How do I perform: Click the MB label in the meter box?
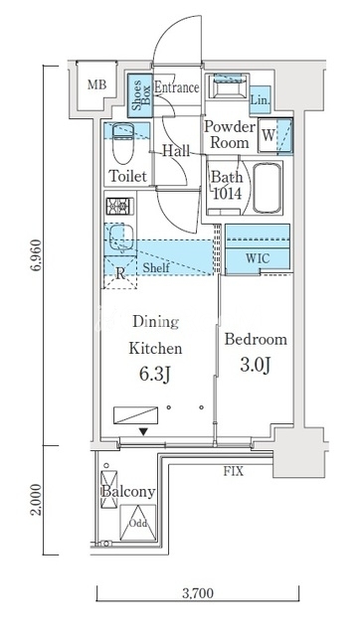(97, 85)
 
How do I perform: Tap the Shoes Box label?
(140, 93)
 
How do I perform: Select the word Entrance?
(177, 87)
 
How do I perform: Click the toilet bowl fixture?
(122, 143)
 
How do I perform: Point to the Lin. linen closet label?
(260, 99)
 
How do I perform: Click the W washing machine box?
(268, 135)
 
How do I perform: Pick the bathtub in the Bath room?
(268, 188)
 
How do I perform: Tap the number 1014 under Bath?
(226, 194)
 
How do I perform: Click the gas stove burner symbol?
(119, 206)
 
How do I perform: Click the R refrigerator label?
(120, 274)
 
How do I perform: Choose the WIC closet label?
(258, 258)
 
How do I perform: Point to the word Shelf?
(156, 267)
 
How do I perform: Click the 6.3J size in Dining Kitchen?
(155, 375)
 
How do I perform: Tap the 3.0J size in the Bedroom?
(256, 366)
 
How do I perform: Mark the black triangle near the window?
(143, 432)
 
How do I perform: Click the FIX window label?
(234, 471)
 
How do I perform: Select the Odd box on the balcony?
(138, 523)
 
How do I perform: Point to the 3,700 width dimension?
(198, 593)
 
